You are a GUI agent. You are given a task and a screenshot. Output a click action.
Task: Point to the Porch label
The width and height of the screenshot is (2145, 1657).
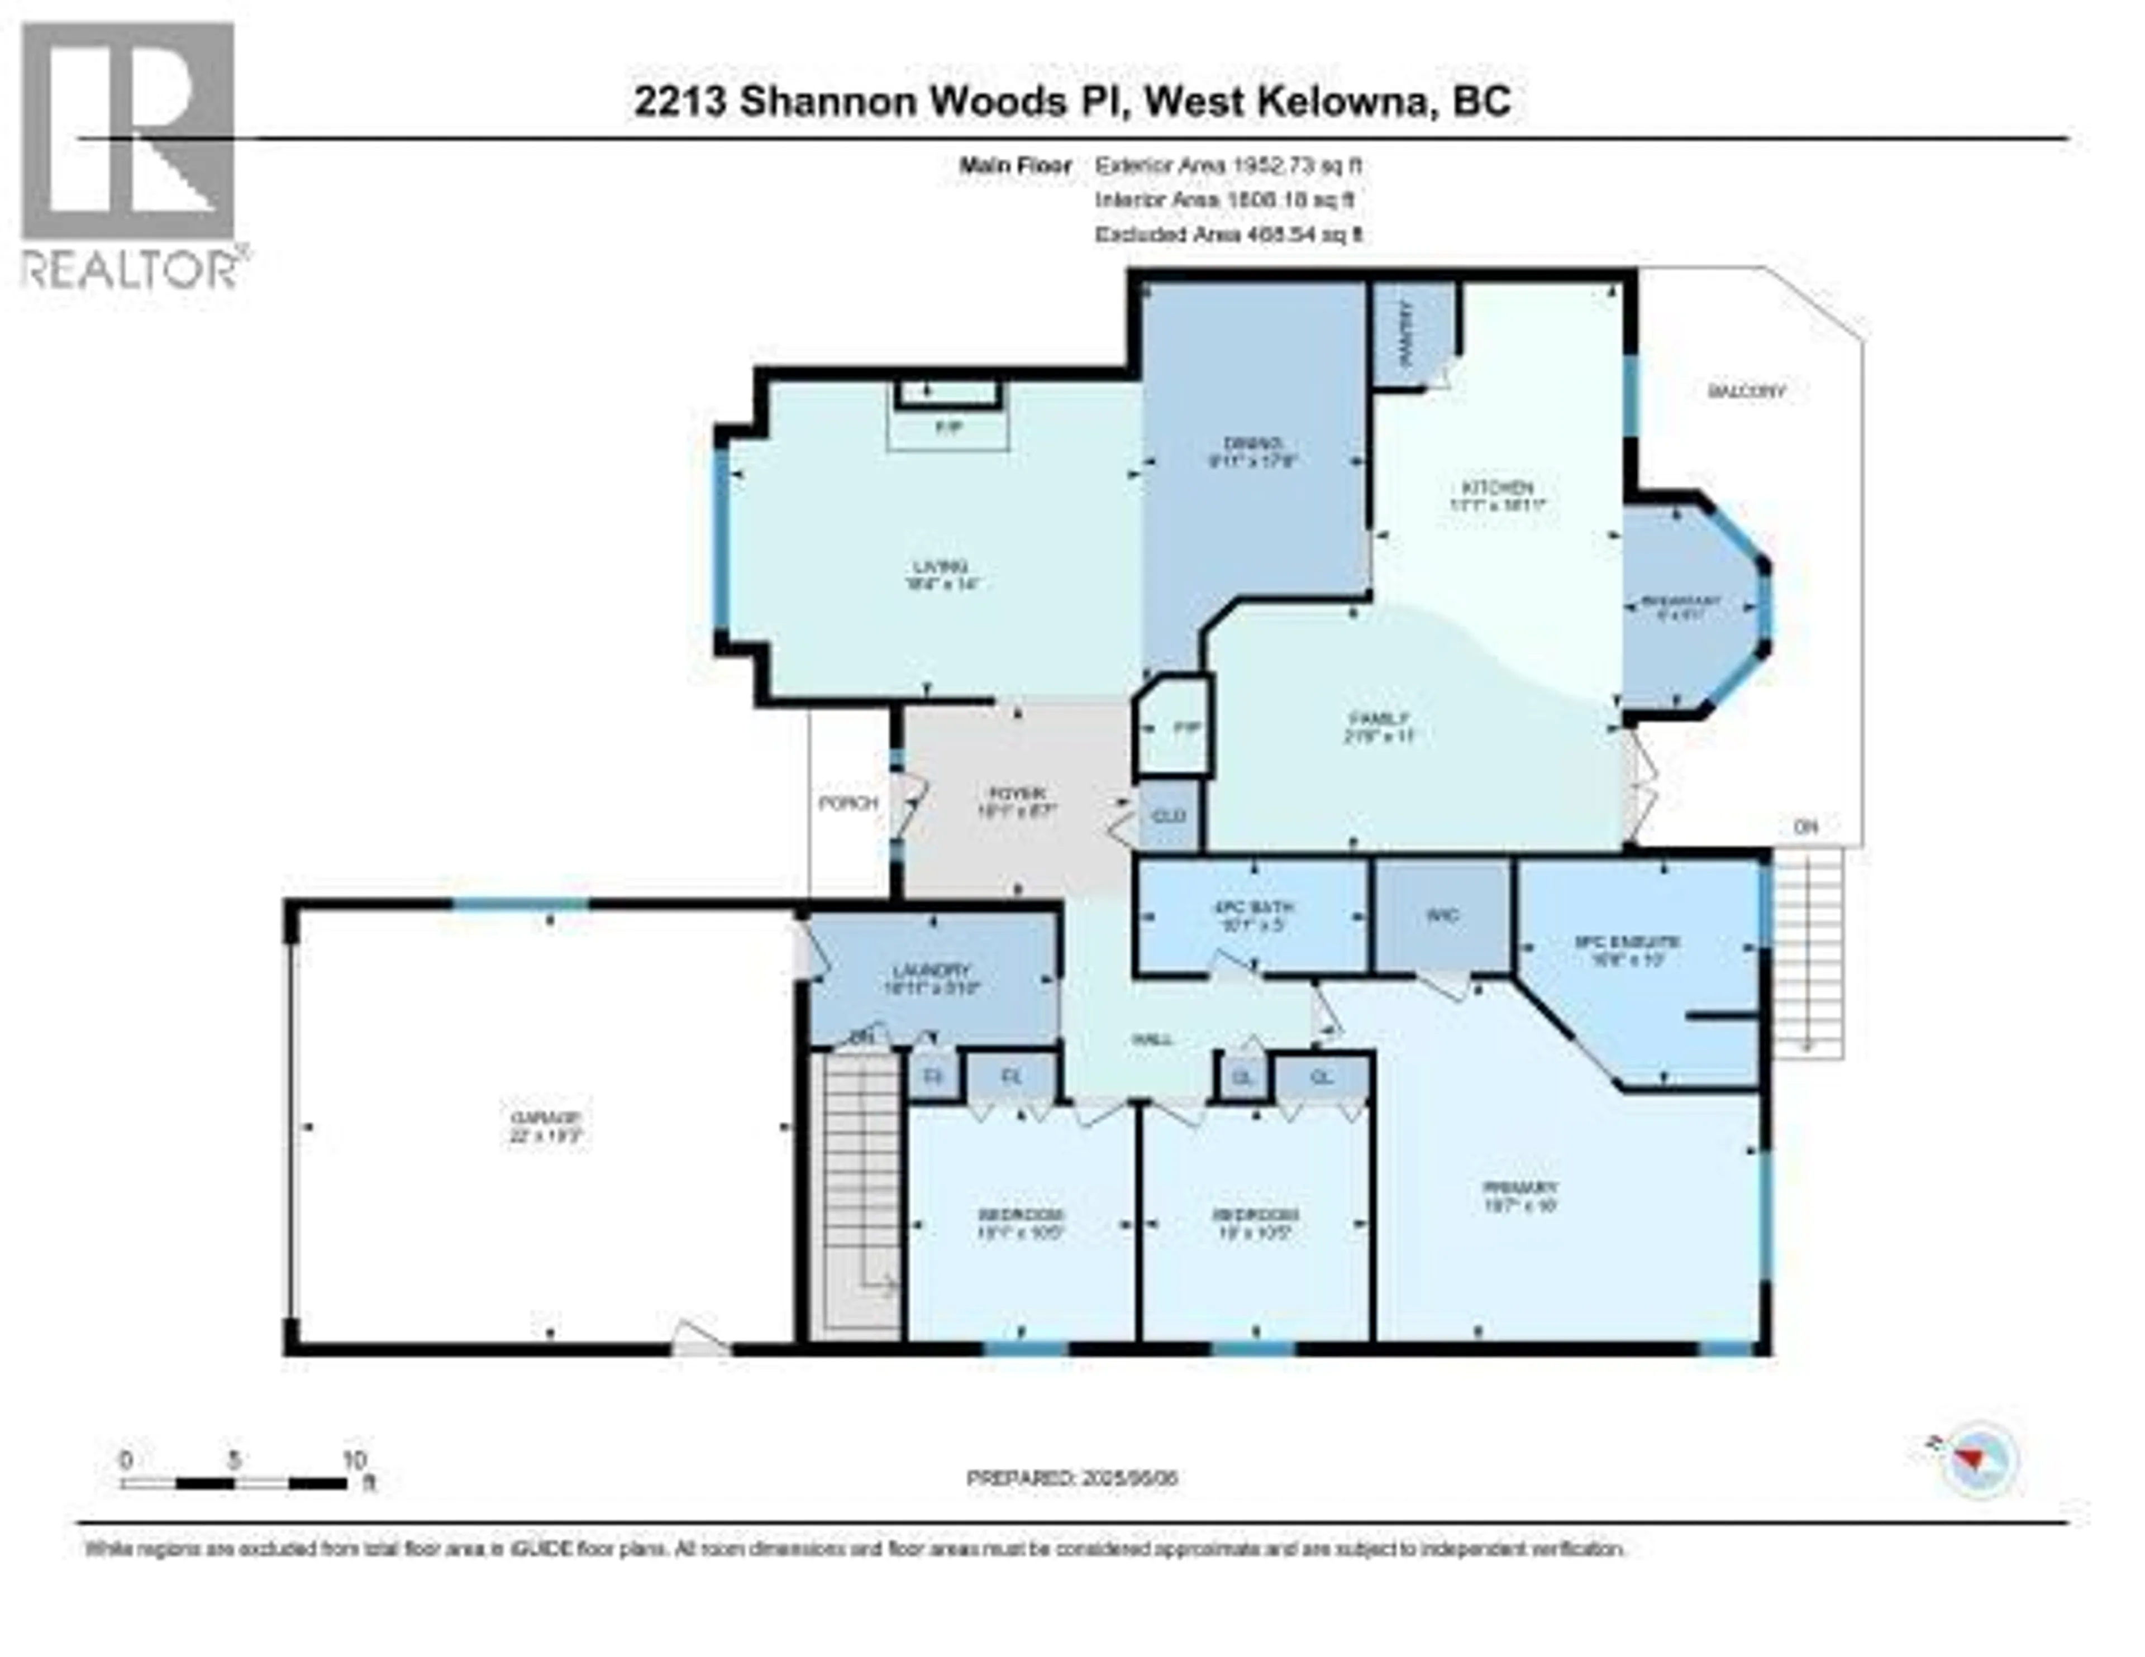tap(847, 803)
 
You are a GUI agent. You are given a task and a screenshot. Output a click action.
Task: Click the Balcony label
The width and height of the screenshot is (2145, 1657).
tap(1746, 391)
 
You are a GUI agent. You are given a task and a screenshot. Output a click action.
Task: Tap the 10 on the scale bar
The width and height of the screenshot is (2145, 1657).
tap(354, 1459)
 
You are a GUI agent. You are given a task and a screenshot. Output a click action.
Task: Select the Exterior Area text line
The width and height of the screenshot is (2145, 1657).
tap(1228, 166)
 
